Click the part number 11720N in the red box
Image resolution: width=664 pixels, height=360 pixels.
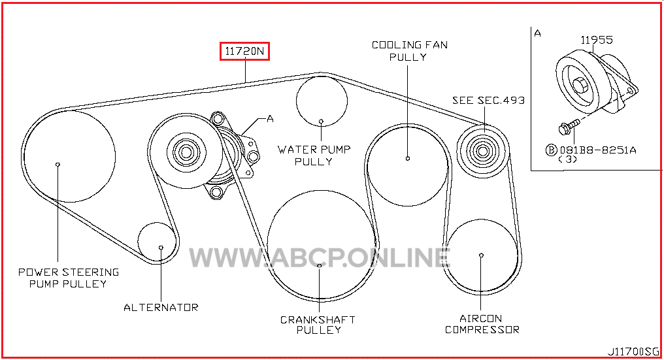244,51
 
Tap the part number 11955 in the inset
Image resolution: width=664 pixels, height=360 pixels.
596,40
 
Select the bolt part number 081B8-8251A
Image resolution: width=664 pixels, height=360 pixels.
598,150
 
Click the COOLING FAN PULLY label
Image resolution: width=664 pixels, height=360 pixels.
410,51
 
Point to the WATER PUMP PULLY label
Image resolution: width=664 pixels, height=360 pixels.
314,155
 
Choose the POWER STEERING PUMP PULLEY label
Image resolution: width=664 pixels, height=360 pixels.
68,278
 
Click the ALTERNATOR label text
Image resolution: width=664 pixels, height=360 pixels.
161,308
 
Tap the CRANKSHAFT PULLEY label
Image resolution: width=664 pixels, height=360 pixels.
318,325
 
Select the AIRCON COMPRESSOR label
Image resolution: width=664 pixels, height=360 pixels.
482,324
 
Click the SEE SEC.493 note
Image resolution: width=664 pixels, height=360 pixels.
488,101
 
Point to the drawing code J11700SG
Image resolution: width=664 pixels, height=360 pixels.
633,352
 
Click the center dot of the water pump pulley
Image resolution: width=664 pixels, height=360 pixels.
321,122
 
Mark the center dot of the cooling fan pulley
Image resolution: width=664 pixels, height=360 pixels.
408,158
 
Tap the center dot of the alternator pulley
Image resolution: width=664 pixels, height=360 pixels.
161,248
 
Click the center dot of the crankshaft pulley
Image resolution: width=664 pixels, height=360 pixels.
320,265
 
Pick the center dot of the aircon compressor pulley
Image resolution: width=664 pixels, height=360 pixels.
481,255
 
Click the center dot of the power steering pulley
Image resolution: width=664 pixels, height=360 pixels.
58,165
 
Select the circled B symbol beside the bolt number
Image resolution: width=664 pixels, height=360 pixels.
552,150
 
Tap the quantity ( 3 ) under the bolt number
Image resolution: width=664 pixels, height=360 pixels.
568,159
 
